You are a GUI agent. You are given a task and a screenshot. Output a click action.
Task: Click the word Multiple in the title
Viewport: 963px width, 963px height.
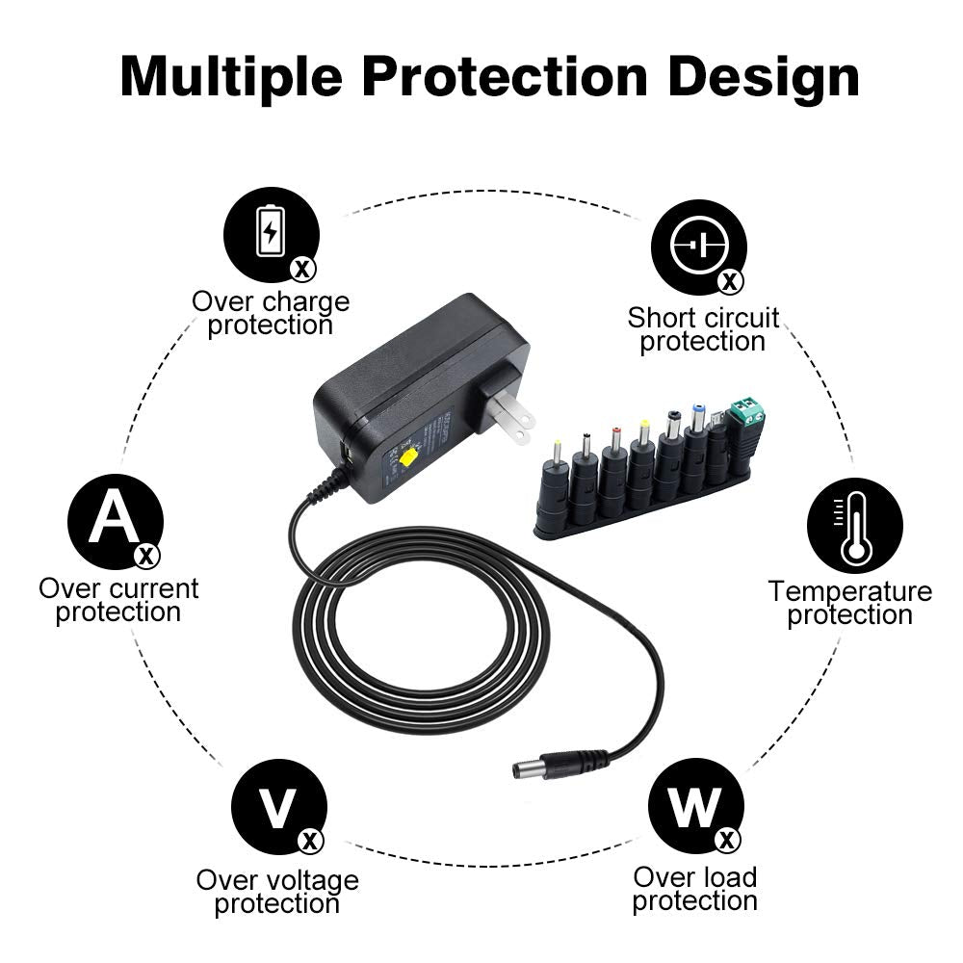coord(231,76)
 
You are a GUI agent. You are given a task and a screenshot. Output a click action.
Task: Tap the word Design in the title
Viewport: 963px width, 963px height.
coord(764,76)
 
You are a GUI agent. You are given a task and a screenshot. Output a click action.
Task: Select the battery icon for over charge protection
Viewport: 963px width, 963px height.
coord(271,233)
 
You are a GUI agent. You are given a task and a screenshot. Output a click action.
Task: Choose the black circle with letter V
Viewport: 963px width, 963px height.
coord(278,806)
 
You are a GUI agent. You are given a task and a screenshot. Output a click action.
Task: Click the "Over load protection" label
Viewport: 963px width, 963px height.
coord(695,889)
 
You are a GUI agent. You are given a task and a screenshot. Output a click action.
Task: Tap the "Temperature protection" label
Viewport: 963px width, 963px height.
coord(849,603)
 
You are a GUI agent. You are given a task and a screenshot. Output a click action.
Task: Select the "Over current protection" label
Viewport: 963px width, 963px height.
coord(118,600)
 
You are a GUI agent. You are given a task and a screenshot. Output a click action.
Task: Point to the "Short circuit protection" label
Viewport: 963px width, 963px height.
coord(703,329)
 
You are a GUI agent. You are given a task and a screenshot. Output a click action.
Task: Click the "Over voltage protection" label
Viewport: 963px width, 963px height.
coord(277,892)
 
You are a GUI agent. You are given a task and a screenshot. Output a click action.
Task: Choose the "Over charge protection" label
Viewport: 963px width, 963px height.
coord(271,313)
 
